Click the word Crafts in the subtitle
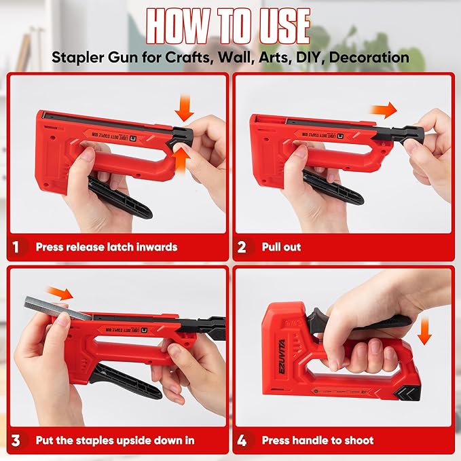(x=185, y=57)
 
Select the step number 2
(x=242, y=247)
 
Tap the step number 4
(x=242, y=441)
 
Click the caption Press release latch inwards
(x=106, y=247)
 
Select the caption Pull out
(x=281, y=247)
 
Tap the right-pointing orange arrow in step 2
(x=385, y=111)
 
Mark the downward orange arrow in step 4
(x=425, y=332)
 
